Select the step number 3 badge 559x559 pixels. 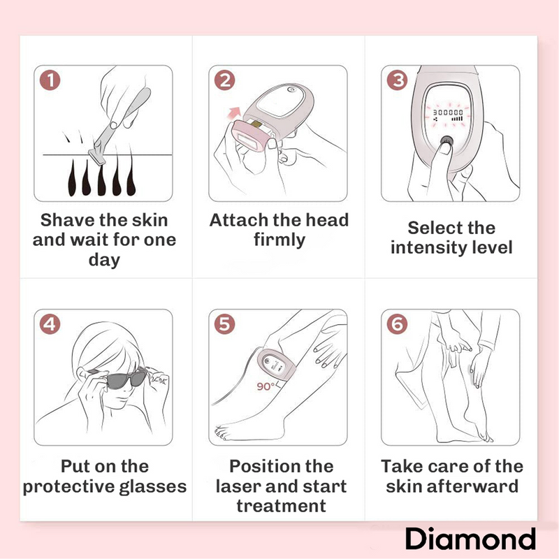tap(398, 80)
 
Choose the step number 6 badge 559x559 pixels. tap(398, 324)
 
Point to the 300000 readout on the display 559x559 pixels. tap(449, 112)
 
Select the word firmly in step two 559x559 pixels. tap(279, 240)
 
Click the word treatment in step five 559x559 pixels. tap(280, 505)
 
